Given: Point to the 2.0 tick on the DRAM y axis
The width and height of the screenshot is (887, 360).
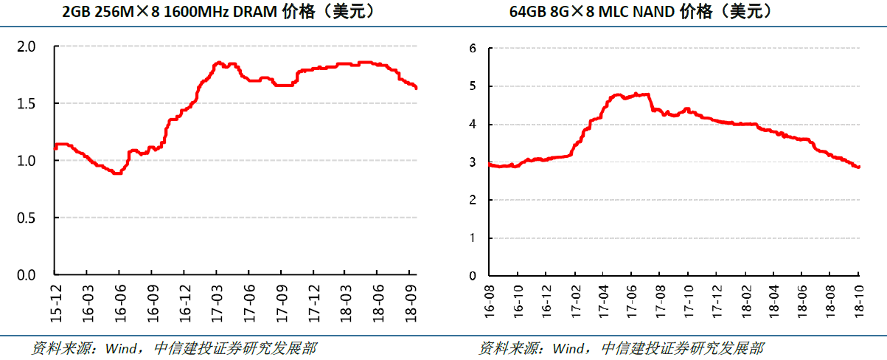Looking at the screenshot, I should (27, 47).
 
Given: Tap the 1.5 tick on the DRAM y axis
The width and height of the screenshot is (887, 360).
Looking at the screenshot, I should (27, 104).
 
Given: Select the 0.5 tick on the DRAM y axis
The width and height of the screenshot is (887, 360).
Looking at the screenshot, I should (27, 218).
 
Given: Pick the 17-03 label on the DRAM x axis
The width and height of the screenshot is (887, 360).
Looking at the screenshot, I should (217, 301).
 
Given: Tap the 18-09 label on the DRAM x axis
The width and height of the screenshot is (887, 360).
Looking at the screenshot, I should (411, 301).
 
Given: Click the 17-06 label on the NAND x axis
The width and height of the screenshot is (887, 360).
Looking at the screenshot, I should (631, 301).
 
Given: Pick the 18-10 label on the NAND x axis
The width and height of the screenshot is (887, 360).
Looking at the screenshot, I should (858, 301).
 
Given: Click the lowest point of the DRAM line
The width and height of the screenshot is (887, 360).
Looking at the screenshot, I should (116, 173).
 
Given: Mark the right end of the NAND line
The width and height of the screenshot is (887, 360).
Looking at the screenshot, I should (859, 167).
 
